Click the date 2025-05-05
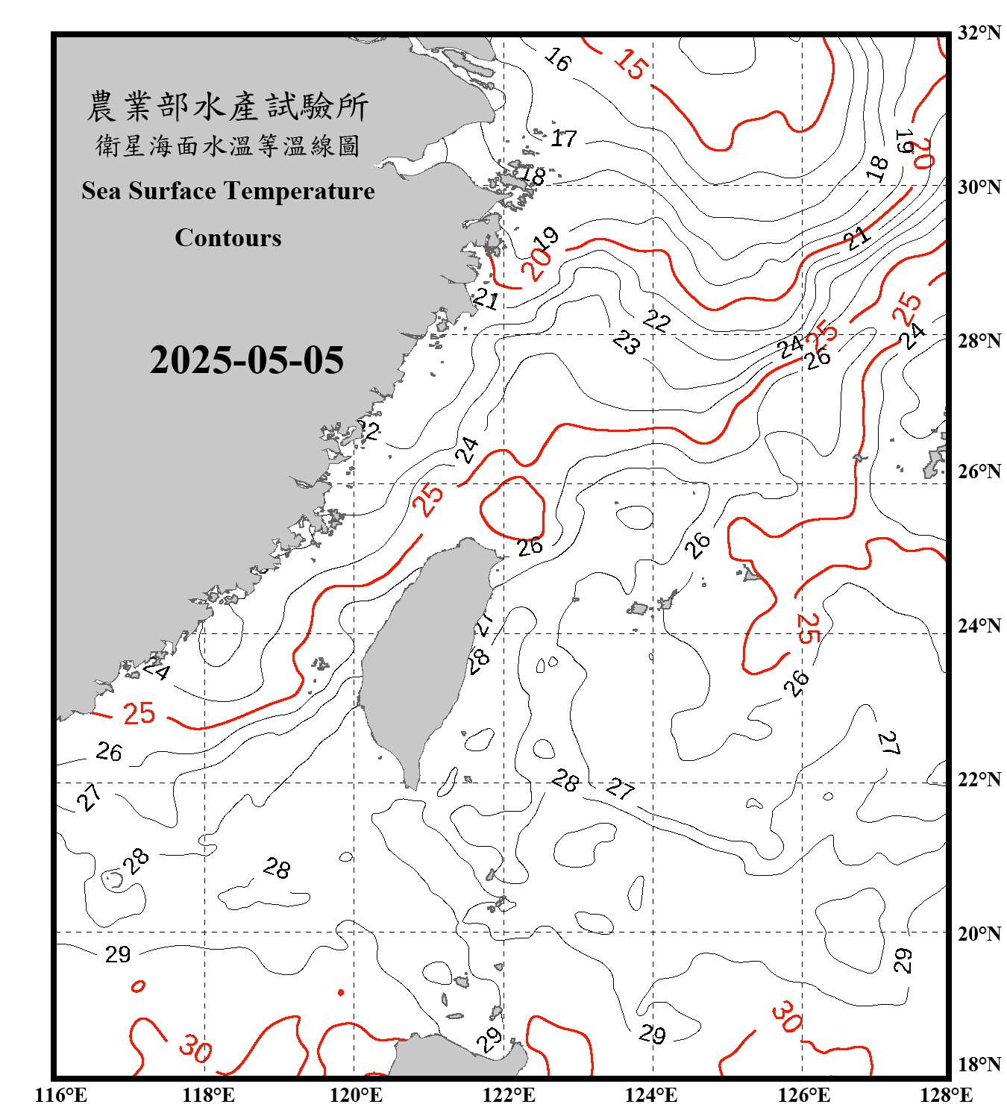point(246,360)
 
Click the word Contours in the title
point(228,237)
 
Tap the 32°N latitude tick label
point(979,33)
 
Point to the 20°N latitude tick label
point(979,932)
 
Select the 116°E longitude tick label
point(61,1095)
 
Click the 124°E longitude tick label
point(651,1095)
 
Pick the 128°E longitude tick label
point(946,1095)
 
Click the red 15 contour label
point(631,64)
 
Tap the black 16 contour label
point(557,59)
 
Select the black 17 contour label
point(564,138)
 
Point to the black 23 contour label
point(627,342)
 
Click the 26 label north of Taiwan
point(530,547)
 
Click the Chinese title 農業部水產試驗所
point(228,107)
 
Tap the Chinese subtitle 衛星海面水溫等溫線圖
point(228,145)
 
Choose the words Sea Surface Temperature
point(228,191)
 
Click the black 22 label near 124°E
point(656,321)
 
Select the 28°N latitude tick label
point(979,341)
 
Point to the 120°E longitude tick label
point(356,1095)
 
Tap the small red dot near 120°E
point(341,992)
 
